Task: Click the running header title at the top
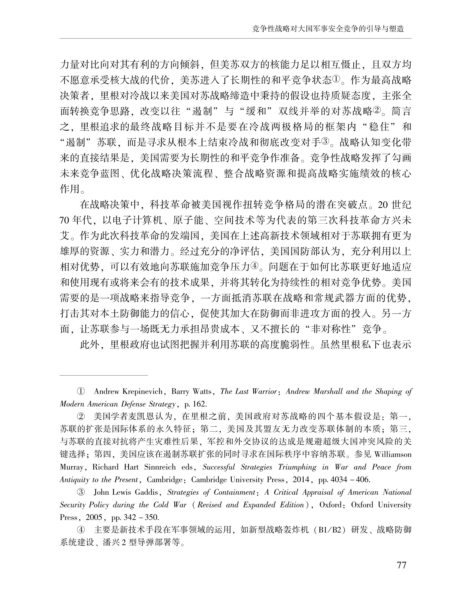click(x=328, y=29)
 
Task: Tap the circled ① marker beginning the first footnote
click(x=80, y=392)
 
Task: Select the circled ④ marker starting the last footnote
click(x=80, y=530)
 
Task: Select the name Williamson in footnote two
click(x=393, y=455)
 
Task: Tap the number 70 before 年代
click(x=64, y=220)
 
